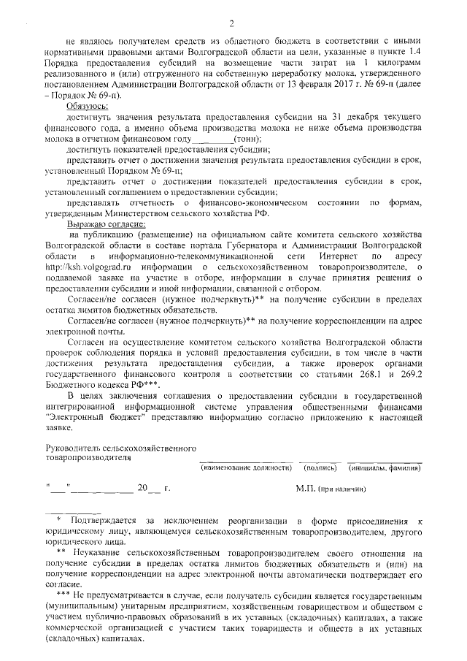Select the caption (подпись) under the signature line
click(x=317, y=467)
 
